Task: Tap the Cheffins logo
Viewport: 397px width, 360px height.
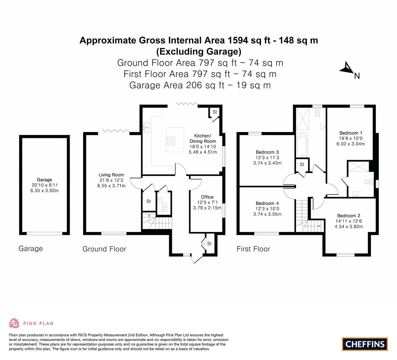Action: [365, 344]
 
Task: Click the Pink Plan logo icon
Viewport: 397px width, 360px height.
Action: [14, 323]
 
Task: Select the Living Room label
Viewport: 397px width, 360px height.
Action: [111, 175]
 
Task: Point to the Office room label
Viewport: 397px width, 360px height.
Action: [207, 197]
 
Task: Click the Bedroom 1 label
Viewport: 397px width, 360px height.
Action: [349, 133]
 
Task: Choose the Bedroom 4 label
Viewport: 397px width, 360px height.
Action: [267, 203]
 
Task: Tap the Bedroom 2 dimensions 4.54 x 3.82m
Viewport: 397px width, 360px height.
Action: [349, 227]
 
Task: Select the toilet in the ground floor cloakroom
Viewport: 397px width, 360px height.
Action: [164, 207]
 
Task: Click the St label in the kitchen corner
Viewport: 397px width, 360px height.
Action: [215, 112]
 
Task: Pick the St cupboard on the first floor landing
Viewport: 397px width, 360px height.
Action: [302, 164]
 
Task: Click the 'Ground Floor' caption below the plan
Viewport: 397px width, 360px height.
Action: [104, 249]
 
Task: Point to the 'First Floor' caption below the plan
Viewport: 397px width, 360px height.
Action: [253, 249]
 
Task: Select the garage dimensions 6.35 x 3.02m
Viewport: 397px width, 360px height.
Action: [44, 191]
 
